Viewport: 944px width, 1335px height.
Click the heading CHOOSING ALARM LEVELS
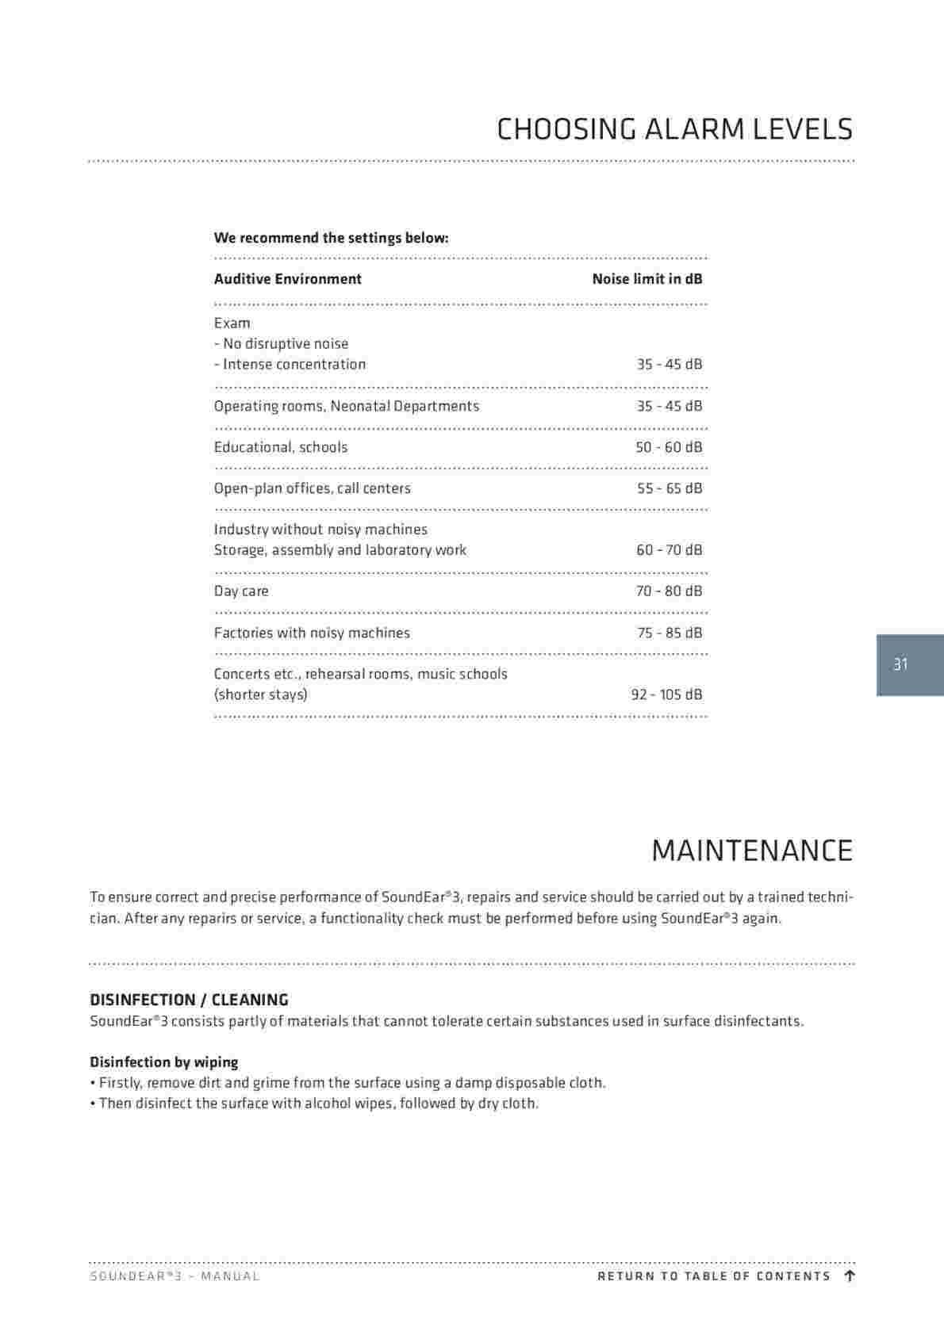point(674,129)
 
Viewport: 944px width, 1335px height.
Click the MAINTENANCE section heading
point(751,851)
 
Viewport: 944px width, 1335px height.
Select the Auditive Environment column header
point(287,279)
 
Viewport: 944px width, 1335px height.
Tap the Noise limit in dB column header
point(647,279)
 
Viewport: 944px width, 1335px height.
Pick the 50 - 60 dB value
point(669,447)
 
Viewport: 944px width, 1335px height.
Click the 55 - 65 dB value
point(670,488)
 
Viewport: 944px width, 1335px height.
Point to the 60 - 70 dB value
point(669,550)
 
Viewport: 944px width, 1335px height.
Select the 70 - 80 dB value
point(669,591)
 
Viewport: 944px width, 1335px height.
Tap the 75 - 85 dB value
point(670,633)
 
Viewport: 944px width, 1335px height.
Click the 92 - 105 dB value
point(666,694)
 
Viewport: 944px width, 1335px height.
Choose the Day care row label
point(241,591)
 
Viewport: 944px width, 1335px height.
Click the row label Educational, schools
point(281,447)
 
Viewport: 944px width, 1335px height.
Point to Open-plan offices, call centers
point(312,488)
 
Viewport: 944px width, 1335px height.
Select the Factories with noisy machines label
point(312,633)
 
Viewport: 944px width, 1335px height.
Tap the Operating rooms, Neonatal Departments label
point(347,406)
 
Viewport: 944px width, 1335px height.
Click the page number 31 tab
point(900,664)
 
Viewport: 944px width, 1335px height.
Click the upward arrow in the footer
point(850,1276)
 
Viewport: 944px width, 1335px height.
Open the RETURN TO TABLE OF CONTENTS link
point(713,1276)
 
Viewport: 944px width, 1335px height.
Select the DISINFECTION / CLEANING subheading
point(189,1000)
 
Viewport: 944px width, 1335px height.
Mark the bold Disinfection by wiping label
point(163,1062)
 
